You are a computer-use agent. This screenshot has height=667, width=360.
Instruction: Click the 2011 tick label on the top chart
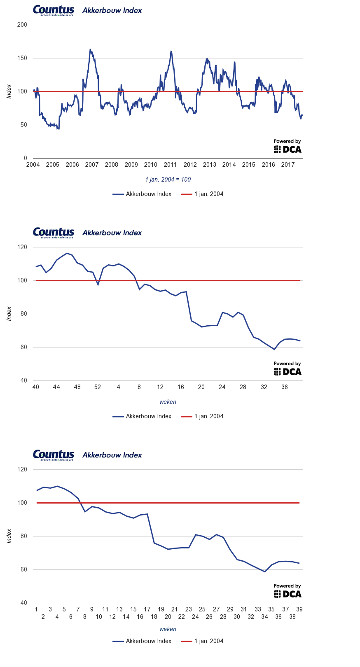[x=170, y=165]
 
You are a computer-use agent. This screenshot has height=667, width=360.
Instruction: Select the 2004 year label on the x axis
[x=33, y=165]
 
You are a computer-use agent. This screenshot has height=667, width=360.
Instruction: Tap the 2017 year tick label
[x=288, y=165]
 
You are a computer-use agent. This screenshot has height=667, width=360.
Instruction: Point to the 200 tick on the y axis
[x=22, y=25]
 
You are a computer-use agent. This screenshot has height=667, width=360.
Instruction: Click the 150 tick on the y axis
[x=22, y=58]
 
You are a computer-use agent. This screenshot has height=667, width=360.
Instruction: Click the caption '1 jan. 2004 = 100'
[x=168, y=180]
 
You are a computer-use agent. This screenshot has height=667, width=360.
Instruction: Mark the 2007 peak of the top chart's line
[x=90, y=49]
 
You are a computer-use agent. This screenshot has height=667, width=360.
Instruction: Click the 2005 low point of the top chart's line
[x=58, y=129]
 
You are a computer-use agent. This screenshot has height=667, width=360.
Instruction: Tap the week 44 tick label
[x=56, y=387]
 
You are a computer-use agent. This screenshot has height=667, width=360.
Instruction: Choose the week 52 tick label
[x=98, y=387]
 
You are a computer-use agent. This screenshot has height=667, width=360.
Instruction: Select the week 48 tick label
[x=77, y=387]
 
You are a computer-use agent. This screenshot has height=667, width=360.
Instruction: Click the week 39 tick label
[x=299, y=609]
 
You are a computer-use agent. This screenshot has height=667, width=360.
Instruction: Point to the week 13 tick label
[x=119, y=609]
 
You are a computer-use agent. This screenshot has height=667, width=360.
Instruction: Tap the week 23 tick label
[x=188, y=609]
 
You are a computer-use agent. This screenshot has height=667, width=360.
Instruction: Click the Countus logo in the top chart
[x=54, y=10]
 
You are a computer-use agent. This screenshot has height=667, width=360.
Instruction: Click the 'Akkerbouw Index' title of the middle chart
[x=112, y=233]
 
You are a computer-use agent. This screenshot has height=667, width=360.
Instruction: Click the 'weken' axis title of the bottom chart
[x=168, y=629]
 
